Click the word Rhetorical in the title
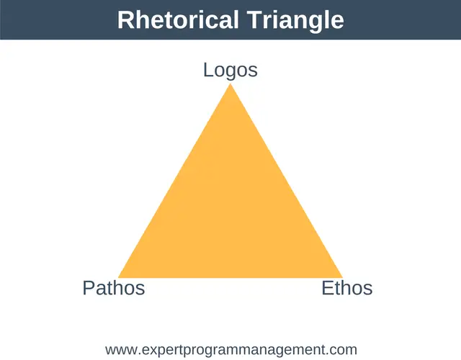click(x=178, y=19)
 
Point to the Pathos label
click(x=114, y=288)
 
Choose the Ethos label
click(x=347, y=288)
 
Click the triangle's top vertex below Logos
click(x=230, y=84)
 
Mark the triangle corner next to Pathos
click(x=118, y=277)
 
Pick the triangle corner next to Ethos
click(x=343, y=277)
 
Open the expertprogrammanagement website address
click(x=231, y=351)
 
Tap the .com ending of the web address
click(x=341, y=351)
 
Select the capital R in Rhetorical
click(x=126, y=19)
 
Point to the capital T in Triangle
click(x=254, y=19)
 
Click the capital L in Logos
click(x=208, y=70)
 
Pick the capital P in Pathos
click(x=89, y=288)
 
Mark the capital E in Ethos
click(x=328, y=288)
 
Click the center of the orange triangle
click(x=230, y=213)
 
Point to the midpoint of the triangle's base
click(x=230, y=277)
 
